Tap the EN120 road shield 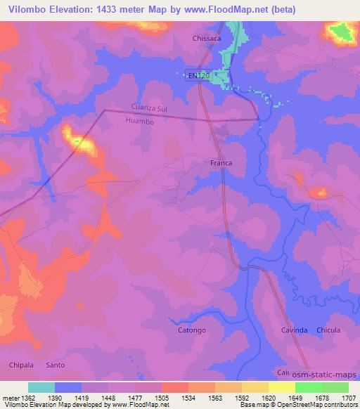click(198, 76)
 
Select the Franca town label click(221, 163)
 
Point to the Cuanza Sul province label click(150, 108)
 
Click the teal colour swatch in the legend click(41, 387)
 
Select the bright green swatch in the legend click(309, 387)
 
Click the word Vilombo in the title click(24, 10)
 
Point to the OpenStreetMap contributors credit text click(318, 405)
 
